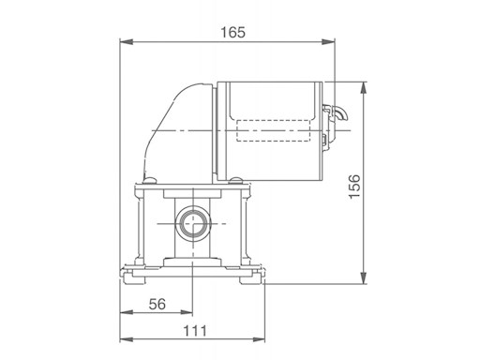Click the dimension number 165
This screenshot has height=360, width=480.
pos(233,33)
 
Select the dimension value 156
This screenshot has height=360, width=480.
pos(354,187)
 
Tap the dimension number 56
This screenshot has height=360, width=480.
pos(157,304)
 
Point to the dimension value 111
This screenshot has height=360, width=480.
pos(195,331)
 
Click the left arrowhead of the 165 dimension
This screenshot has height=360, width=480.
pos(127,42)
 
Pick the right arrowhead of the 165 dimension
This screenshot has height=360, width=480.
pos(328,42)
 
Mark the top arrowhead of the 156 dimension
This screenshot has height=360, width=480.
pos(363,88)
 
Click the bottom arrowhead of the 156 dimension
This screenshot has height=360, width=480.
pos(363,277)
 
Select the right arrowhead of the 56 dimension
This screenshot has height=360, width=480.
pos(187,312)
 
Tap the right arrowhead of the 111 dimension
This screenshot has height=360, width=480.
pos(259,339)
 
